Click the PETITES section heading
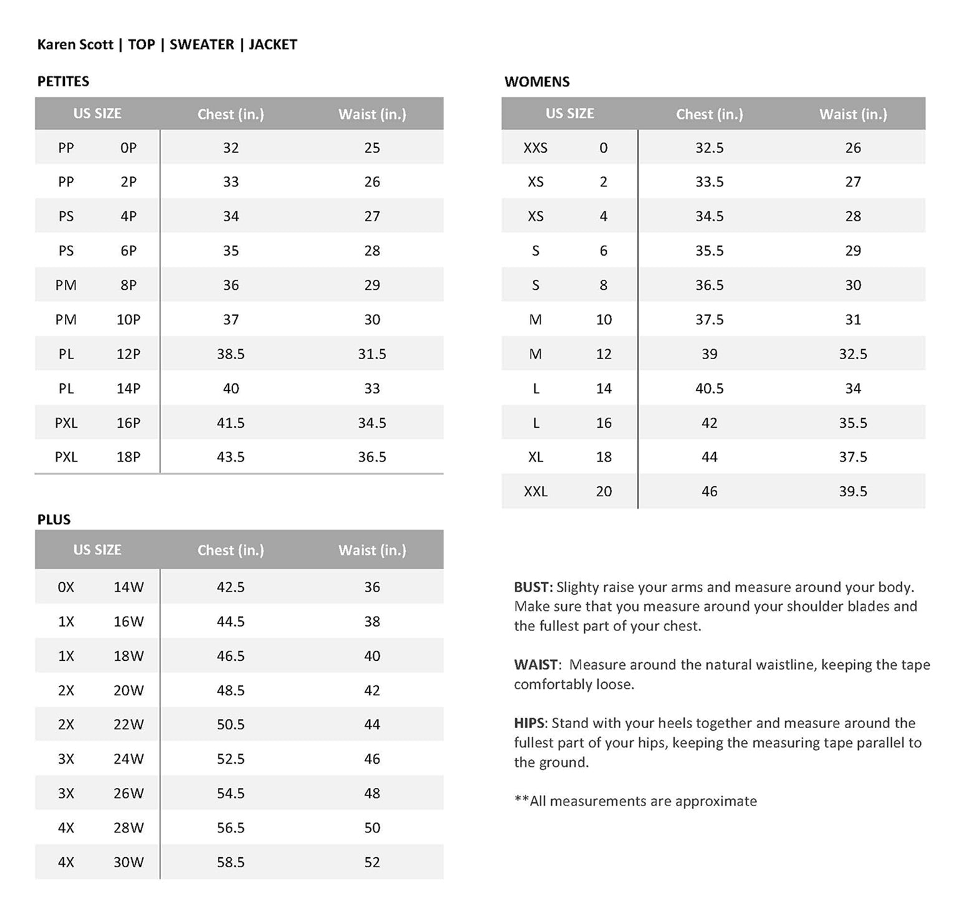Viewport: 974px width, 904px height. point(63,81)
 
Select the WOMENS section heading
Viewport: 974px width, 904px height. point(537,82)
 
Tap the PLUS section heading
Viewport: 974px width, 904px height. point(54,519)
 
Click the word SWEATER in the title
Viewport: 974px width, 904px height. point(201,44)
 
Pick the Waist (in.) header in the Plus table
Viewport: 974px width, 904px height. point(372,550)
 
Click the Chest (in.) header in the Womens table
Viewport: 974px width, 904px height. point(710,114)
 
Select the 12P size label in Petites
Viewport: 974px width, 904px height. point(128,354)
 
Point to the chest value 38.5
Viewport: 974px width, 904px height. point(231,354)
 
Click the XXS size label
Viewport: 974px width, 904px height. point(536,148)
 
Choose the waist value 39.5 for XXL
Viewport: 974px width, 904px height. point(852,491)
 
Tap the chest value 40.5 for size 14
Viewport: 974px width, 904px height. point(710,388)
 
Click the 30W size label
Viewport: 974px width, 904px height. point(128,862)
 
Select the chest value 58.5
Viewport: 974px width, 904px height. point(231,862)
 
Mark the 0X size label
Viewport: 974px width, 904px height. point(65,587)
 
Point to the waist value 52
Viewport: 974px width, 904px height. point(372,862)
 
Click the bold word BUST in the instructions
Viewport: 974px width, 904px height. point(533,587)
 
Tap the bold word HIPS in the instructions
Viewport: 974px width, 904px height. point(529,723)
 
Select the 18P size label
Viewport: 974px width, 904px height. point(128,457)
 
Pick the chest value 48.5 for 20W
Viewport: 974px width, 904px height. point(231,690)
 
